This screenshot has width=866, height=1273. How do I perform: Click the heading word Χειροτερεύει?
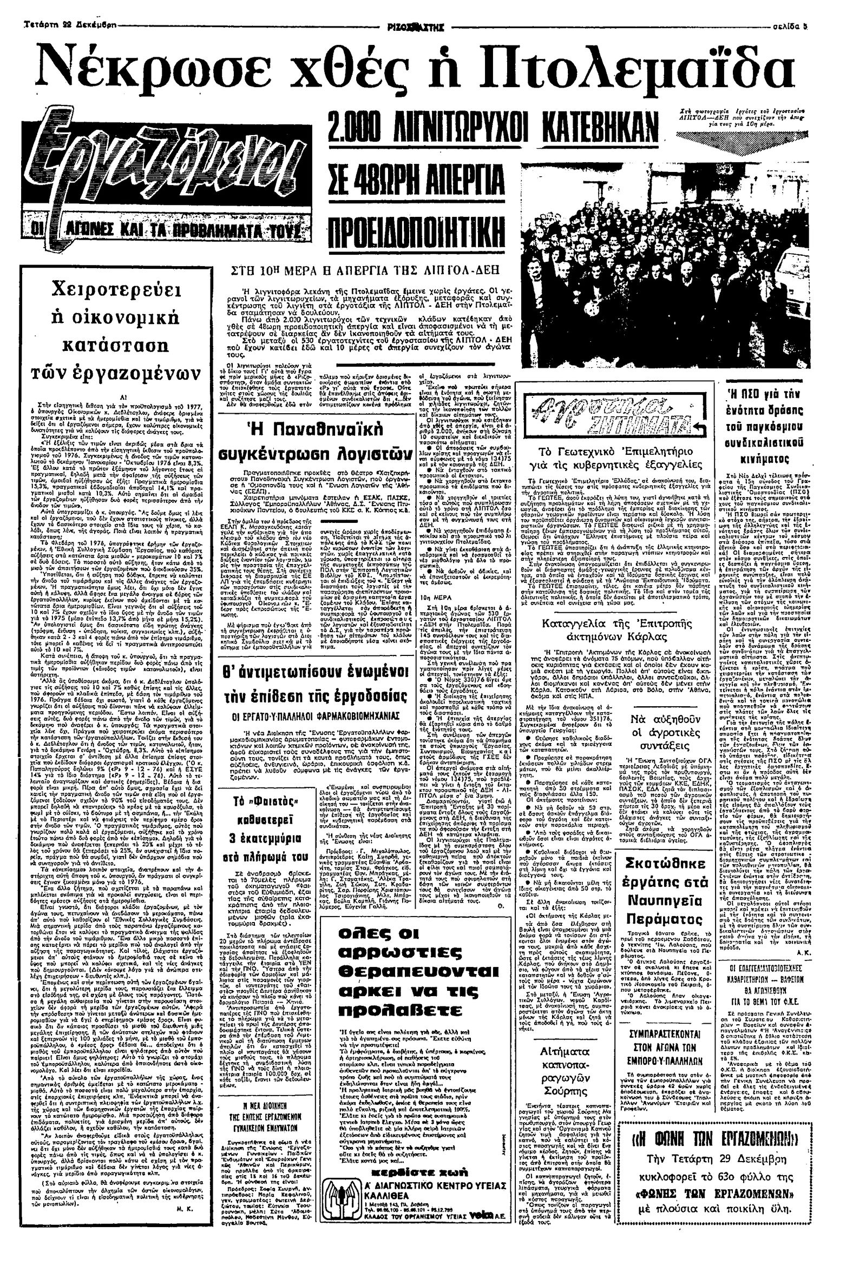pyautogui.click(x=112, y=290)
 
